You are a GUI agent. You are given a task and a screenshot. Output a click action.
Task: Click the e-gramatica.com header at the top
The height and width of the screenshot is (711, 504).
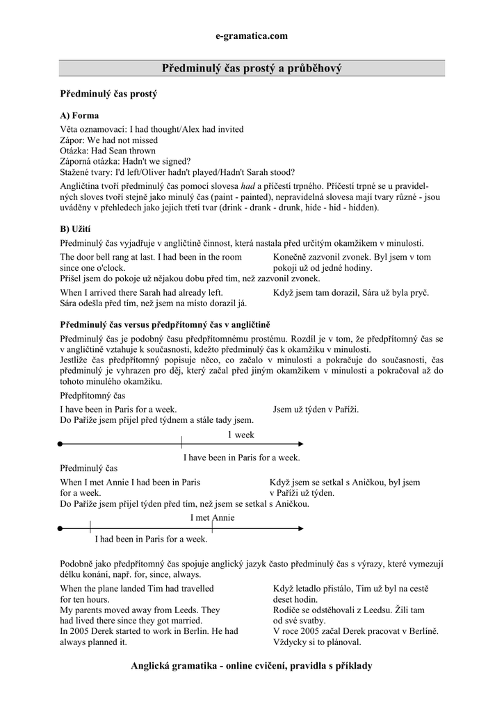(252, 36)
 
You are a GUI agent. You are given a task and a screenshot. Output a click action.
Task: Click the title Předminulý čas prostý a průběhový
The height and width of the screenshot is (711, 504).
(252, 68)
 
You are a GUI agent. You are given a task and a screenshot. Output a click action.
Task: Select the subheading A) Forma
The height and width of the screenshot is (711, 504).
(79, 115)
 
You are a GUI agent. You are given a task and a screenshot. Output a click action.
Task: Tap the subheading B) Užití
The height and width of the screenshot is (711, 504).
(76, 228)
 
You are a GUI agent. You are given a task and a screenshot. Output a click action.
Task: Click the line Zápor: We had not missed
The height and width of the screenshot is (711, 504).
(109, 140)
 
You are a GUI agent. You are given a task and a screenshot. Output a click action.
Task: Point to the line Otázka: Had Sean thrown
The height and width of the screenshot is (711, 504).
(108, 151)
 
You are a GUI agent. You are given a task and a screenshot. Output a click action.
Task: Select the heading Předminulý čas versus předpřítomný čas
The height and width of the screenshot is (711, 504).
(165, 324)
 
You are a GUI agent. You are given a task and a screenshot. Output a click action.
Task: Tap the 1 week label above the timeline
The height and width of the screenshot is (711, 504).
(241, 435)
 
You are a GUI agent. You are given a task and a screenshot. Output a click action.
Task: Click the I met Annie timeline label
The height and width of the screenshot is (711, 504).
(212, 517)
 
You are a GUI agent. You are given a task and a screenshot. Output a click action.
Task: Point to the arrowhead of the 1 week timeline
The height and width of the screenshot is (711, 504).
(300, 443)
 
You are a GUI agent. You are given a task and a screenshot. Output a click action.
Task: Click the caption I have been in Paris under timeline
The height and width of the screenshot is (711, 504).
(241, 457)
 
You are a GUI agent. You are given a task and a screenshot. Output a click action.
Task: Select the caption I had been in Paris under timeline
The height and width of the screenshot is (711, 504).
(151, 538)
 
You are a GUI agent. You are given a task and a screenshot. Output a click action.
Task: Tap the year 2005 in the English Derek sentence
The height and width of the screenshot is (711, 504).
(80, 631)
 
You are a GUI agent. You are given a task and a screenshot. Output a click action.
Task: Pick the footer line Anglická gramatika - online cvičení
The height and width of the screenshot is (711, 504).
(252, 666)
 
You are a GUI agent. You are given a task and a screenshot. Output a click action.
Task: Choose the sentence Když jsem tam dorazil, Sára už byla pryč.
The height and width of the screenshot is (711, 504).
(351, 292)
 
